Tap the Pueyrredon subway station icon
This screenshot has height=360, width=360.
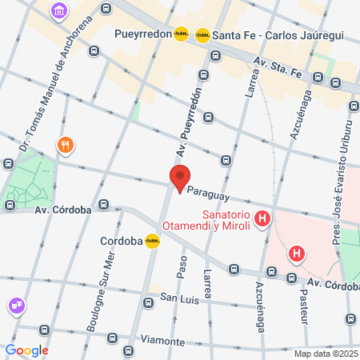click(182, 34)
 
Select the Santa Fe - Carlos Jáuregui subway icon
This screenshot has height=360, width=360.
click(203, 34)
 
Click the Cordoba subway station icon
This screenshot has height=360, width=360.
click(152, 240)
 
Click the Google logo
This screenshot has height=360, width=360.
click(27, 350)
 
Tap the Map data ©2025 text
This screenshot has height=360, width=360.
click(326, 354)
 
